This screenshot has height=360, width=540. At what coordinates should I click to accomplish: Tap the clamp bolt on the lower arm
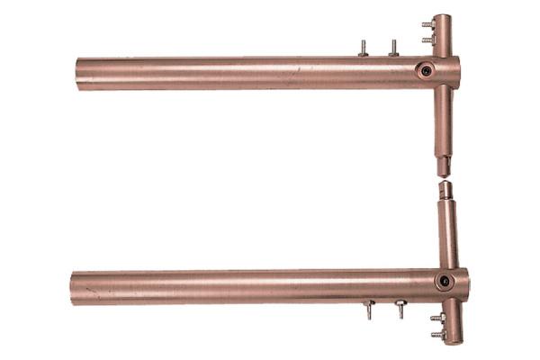click(445, 281)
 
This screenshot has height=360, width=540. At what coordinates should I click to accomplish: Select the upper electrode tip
click(444, 167)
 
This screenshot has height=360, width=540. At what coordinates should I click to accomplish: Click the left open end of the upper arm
click(80, 74)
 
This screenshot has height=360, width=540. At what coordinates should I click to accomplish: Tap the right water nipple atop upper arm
click(394, 47)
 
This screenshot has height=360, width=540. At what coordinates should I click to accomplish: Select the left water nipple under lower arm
click(369, 311)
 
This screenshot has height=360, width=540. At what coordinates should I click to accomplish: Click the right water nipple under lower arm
click(400, 310)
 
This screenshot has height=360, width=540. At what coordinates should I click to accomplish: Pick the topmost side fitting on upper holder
click(427, 26)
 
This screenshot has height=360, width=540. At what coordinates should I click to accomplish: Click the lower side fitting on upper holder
click(427, 40)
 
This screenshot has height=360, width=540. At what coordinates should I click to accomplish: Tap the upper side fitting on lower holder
click(436, 318)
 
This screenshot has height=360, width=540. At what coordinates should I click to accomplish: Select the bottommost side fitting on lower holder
click(436, 334)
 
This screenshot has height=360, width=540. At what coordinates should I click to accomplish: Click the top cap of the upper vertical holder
click(442, 18)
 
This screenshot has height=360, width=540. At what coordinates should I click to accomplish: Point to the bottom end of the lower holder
click(452, 341)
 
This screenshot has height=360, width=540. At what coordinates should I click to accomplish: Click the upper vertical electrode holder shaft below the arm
click(443, 121)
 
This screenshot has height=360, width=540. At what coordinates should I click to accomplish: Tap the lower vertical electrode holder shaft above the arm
click(446, 234)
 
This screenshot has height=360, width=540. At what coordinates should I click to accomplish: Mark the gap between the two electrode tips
click(445, 179)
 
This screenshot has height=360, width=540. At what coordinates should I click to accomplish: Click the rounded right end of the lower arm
click(463, 284)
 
